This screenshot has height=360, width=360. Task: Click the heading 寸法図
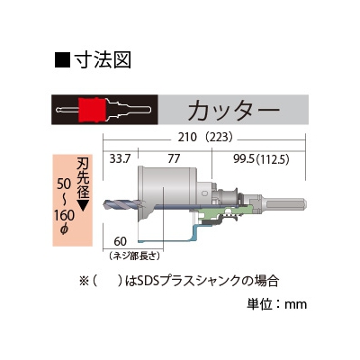103,59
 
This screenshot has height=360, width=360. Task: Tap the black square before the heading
62,60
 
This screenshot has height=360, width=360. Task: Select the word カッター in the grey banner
234,110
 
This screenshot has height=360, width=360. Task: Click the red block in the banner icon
92,110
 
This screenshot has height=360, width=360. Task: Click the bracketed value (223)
218,138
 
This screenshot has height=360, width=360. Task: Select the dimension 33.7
120,158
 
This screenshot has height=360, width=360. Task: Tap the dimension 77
174,158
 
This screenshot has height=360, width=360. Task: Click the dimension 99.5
244,159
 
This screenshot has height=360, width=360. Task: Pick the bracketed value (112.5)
273,159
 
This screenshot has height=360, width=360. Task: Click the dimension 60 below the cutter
121,241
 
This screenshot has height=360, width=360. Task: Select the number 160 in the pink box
64,215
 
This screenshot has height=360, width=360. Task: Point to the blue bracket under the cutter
174,235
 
